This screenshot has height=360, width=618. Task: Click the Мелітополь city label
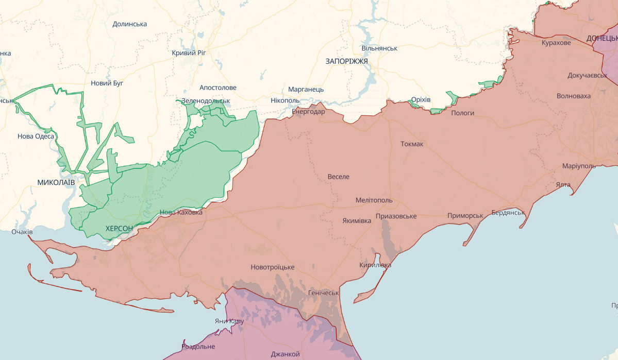pyautogui.click(x=374, y=200)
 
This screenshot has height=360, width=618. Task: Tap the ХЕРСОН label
pyautogui.click(x=119, y=228)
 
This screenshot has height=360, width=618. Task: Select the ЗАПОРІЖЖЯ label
pyautogui.click(x=346, y=61)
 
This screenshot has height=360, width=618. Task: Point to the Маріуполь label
pyautogui.click(x=579, y=166)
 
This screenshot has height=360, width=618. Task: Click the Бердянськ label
pyautogui.click(x=508, y=212)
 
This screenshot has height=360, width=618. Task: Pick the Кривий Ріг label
pyautogui.click(x=189, y=53)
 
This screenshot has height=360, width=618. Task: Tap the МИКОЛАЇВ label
pyautogui.click(x=56, y=183)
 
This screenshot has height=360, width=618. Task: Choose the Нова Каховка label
pyautogui.click(x=181, y=212)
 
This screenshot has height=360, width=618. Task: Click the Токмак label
pyautogui.click(x=412, y=144)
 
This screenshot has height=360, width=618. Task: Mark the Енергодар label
pyautogui.click(x=308, y=111)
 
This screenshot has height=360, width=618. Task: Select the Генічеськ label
pyautogui.click(x=323, y=293)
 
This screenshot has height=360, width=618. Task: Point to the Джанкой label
pyautogui.click(x=285, y=354)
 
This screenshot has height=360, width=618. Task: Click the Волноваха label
pyautogui.click(x=574, y=96)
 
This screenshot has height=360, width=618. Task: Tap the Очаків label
pyautogui.click(x=22, y=232)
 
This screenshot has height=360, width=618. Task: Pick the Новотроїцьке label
pyautogui.click(x=273, y=267)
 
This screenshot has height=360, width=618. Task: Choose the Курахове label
pyautogui.click(x=556, y=43)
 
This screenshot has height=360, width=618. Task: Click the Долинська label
pyautogui.click(x=129, y=24)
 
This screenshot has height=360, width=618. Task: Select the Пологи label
pyautogui.click(x=462, y=113)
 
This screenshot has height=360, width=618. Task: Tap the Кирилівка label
pyautogui.click(x=375, y=265)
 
